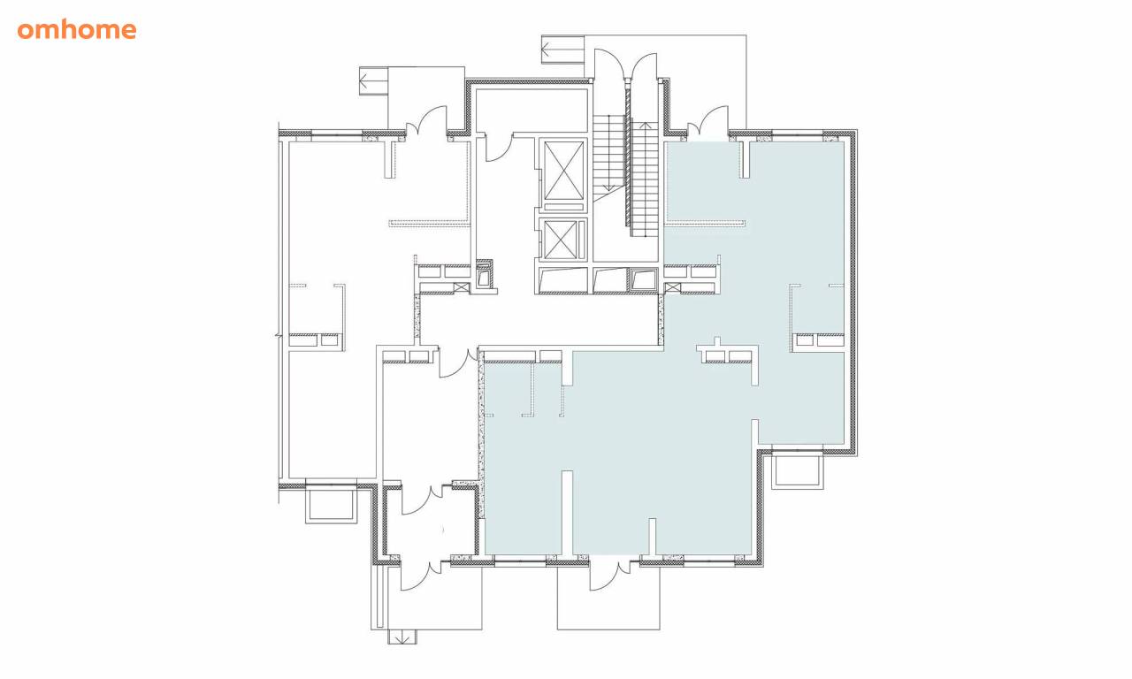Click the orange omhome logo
pos(77,30)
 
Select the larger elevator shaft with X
pos(563,171)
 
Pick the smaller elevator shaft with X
pos(561,240)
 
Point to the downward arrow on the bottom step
pos(402,638)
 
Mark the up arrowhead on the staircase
pos(646,126)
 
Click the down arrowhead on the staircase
pos(608,188)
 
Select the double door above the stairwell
pos(625,65)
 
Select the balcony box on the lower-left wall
pos(332,505)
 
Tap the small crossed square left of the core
pos(461,288)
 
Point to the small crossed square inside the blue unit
pos(673,288)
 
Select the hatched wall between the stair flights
pos(628,157)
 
